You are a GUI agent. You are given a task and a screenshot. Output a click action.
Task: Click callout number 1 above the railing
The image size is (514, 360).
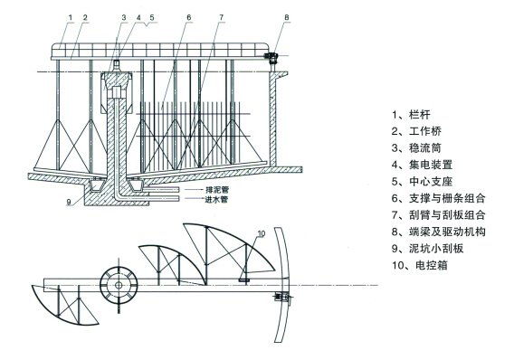(71, 18)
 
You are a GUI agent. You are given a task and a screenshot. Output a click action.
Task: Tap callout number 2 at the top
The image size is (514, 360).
(85, 18)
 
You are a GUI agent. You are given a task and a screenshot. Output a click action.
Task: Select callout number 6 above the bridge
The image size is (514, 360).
(189, 17)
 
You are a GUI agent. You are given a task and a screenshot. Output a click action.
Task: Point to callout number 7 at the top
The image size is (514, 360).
(222, 17)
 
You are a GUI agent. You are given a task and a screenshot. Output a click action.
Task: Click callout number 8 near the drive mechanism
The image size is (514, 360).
(287, 17)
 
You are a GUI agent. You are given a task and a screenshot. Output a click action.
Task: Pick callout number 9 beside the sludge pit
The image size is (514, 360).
(69, 202)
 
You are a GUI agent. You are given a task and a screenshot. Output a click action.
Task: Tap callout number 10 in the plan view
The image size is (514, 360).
(262, 233)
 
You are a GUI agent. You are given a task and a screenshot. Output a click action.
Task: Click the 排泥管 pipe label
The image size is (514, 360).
(217, 190)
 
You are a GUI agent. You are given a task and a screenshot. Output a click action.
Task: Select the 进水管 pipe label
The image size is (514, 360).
(216, 199)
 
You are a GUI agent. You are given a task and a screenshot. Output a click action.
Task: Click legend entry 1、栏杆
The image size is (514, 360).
(411, 115)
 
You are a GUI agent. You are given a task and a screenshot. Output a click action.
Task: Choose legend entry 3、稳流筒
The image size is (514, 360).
(416, 148)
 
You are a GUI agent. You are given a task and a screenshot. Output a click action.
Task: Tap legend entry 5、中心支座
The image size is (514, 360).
(422, 182)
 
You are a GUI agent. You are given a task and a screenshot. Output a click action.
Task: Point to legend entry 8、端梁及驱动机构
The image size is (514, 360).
(438, 232)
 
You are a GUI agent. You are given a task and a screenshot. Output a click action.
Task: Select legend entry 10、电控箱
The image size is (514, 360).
(419, 265)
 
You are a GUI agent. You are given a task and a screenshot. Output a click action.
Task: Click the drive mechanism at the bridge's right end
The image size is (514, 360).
(272, 58)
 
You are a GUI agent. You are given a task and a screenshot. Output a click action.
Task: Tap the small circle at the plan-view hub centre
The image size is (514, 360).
(119, 285)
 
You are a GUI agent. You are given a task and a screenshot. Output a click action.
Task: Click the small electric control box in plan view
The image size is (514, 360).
(244, 279)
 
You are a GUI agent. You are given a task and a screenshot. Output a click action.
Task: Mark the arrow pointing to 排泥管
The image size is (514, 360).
(194, 190)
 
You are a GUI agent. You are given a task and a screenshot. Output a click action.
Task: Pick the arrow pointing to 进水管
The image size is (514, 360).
(194, 198)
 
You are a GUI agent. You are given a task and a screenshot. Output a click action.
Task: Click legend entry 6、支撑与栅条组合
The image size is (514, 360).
(438, 198)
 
